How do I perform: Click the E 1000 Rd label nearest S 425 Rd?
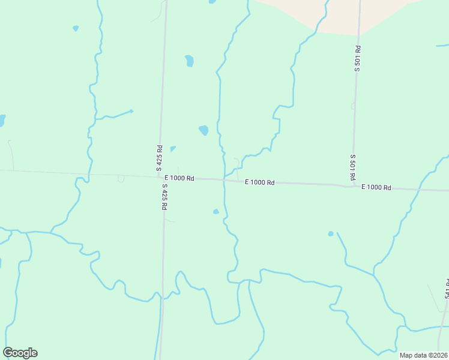(x=179, y=178)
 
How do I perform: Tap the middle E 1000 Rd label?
(x=259, y=182)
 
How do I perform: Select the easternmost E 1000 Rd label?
(x=376, y=188)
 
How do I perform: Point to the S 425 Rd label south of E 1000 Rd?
(x=164, y=196)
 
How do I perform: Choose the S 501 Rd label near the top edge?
(x=357, y=59)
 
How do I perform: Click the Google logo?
(x=20, y=353)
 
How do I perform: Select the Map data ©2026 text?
(x=423, y=355)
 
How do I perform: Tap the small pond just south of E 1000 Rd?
(x=216, y=211)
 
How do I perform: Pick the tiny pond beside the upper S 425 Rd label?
(x=173, y=149)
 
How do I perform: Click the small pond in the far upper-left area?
(x=76, y=28)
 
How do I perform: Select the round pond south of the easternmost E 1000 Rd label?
(x=331, y=233)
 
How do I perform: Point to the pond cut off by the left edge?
(x=2, y=121)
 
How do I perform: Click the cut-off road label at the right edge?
(x=447, y=290)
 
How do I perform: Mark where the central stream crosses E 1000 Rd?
(x=224, y=179)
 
